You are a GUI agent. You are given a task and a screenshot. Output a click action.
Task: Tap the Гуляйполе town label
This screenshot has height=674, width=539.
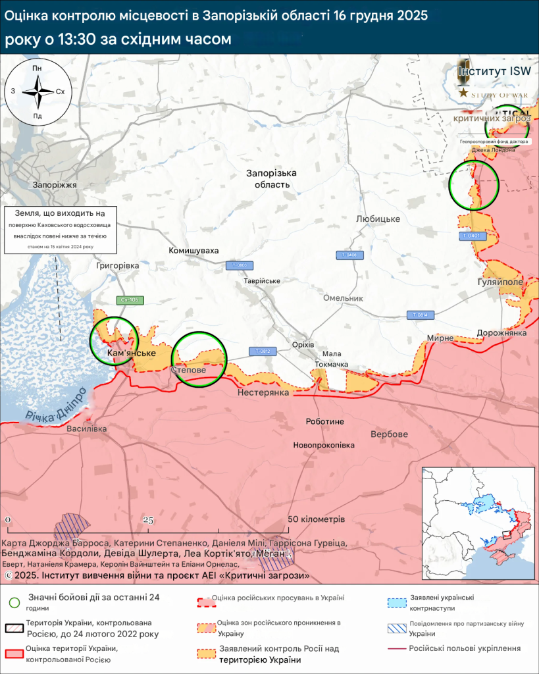(x=500, y=282)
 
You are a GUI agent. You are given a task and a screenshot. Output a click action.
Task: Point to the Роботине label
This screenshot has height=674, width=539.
(x=325, y=421)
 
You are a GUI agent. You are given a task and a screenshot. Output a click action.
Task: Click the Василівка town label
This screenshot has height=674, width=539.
(x=86, y=428)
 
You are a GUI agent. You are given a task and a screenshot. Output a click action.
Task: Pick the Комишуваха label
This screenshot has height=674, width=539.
(x=193, y=251)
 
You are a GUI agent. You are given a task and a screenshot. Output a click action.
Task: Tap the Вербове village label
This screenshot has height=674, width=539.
(x=389, y=434)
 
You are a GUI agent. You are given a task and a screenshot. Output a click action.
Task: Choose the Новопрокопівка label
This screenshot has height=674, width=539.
(x=324, y=445)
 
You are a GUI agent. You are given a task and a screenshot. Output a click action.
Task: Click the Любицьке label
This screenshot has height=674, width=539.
(x=378, y=219)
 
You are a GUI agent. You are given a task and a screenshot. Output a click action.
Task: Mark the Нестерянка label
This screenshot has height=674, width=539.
(x=264, y=392)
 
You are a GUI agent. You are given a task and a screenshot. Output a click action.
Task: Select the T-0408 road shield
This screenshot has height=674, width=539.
(x=350, y=255)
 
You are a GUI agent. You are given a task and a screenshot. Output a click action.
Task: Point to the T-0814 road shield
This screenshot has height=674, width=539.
(x=421, y=315)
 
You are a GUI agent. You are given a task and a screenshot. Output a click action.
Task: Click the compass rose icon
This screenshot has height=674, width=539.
(x=38, y=92)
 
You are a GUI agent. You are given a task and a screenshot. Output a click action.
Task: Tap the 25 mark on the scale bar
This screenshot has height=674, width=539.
(x=148, y=521)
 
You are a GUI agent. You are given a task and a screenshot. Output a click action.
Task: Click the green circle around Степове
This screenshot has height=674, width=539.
(x=199, y=358)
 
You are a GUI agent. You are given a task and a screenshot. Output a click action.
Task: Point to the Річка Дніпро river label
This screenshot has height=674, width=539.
(x=57, y=405)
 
